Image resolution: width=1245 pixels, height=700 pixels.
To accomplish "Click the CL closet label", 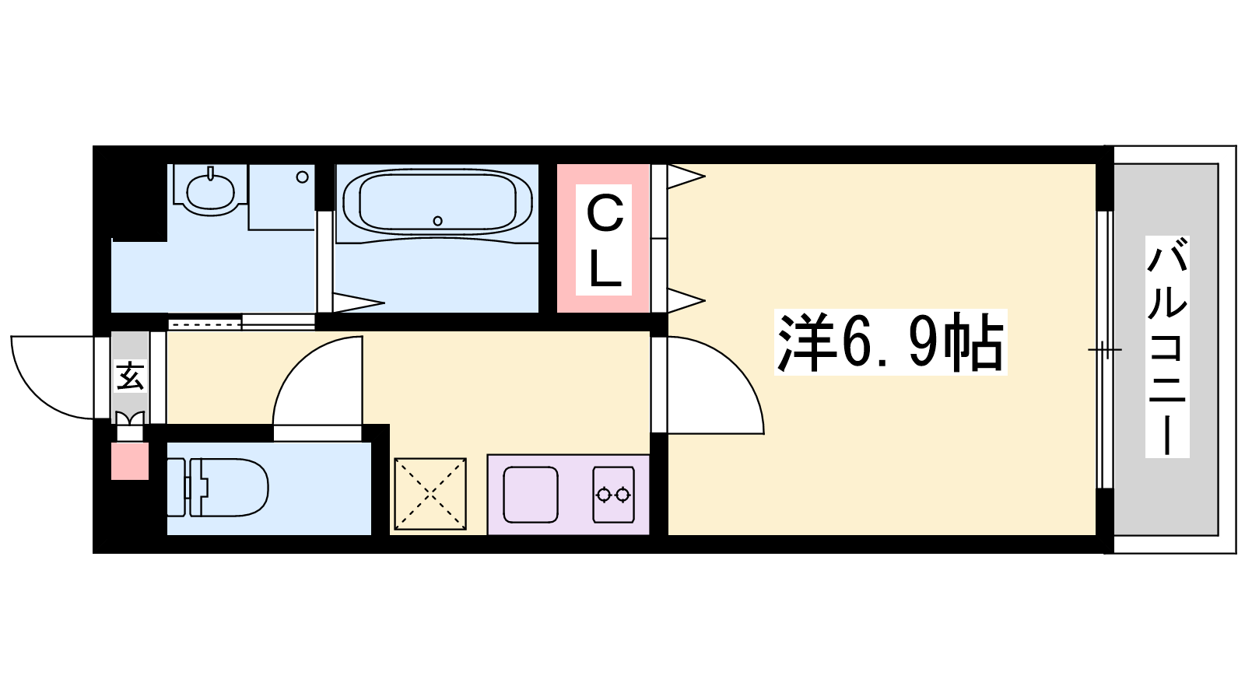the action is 604,240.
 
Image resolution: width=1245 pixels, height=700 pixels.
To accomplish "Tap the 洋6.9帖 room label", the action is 890,342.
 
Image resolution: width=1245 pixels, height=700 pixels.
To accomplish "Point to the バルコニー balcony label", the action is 1167,346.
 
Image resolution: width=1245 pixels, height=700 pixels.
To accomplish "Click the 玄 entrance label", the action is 130,376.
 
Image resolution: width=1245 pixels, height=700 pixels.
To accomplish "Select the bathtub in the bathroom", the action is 437,203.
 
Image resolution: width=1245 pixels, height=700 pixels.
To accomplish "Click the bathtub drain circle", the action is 437,221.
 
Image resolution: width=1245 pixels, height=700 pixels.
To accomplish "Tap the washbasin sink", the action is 210,191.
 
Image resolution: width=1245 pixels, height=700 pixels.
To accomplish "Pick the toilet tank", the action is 176,487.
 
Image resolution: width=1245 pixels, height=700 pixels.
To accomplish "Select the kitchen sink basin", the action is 530,495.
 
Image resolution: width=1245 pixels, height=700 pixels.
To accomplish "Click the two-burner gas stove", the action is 613,495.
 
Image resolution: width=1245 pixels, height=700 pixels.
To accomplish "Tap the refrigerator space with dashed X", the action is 430,494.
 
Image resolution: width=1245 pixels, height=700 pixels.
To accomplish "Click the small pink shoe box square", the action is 130,461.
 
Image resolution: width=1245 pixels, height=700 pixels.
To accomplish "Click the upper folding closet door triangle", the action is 686,177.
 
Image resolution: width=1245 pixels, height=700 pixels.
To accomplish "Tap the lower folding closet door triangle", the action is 686,301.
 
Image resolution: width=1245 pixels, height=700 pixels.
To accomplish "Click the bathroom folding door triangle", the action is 359,303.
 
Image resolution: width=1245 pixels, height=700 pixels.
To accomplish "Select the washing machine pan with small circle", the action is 281,198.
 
